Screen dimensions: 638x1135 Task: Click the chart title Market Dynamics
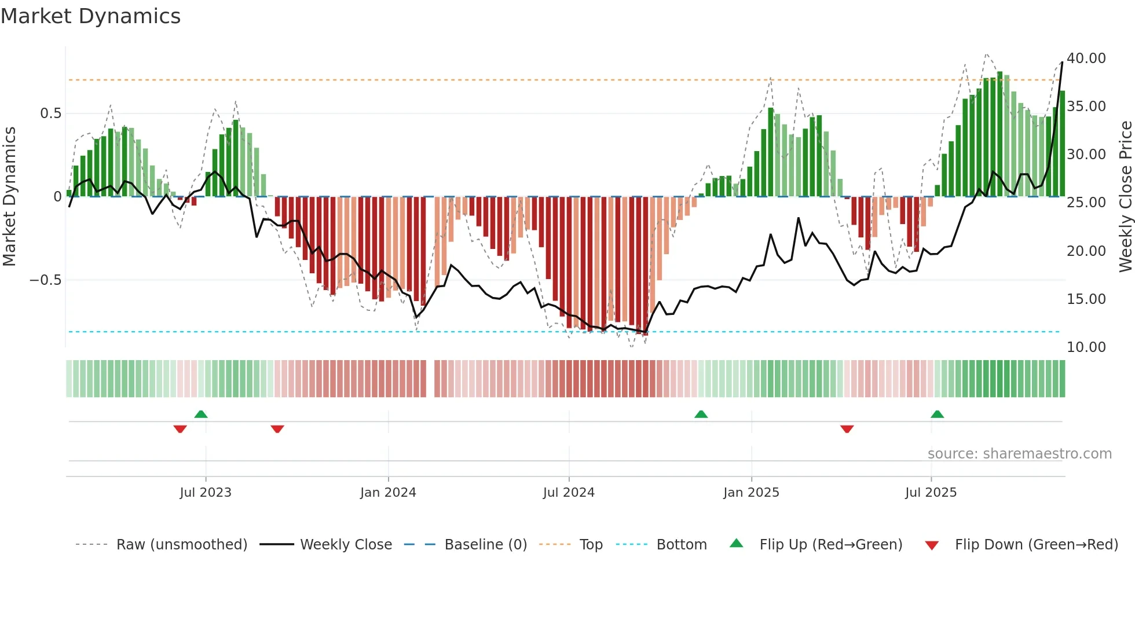pos(91,16)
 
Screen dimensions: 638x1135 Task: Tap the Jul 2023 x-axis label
pos(206,493)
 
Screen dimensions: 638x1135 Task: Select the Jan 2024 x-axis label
pos(388,493)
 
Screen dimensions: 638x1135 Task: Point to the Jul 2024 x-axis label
pos(569,493)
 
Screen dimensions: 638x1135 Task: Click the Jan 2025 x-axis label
pos(751,493)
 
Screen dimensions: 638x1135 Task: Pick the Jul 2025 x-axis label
pos(931,493)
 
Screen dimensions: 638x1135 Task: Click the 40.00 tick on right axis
pos(1086,58)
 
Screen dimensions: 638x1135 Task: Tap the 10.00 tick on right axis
pos(1086,347)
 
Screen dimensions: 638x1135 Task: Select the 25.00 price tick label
pos(1086,203)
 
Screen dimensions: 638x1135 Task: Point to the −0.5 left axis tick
pos(46,280)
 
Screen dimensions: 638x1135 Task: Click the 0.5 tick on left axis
pos(50,113)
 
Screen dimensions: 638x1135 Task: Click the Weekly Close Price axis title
pos(1125,197)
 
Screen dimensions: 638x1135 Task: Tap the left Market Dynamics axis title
pos(9,197)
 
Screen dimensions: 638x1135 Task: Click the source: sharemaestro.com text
pos(1019,454)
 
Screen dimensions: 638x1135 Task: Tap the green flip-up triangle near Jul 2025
pos(937,415)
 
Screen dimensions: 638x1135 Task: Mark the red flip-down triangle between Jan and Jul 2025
pos(847,429)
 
